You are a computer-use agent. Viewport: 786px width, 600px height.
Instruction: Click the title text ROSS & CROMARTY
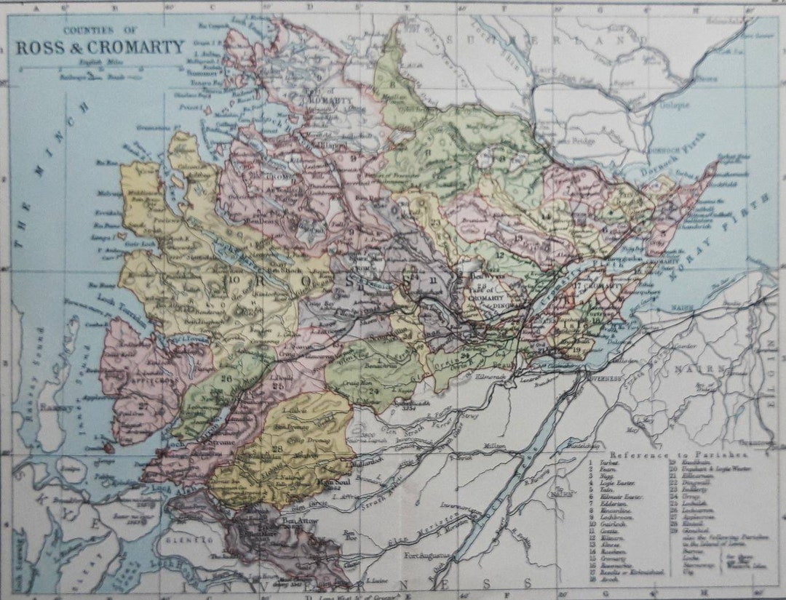pos(100,48)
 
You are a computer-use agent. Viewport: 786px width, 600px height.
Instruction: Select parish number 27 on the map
pos(143,404)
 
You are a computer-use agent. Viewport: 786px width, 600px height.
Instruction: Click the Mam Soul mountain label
pos(329,481)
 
